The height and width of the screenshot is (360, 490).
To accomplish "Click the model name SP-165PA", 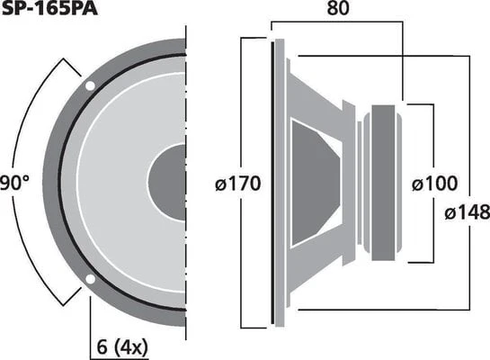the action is (x=49, y=8).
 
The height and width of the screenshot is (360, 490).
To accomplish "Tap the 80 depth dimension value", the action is (x=338, y=8).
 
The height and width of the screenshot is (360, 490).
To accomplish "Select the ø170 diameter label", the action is (x=238, y=184).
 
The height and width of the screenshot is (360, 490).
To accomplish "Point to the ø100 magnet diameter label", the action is (x=434, y=184).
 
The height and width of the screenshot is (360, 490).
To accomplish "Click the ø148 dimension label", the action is (x=468, y=213).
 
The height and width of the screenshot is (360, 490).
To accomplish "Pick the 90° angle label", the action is (x=14, y=184).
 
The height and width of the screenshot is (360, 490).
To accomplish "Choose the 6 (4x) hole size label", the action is (x=122, y=347).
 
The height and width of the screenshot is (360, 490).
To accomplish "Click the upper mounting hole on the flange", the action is (x=90, y=85).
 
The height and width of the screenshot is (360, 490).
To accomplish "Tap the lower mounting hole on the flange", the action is (x=90, y=279).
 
